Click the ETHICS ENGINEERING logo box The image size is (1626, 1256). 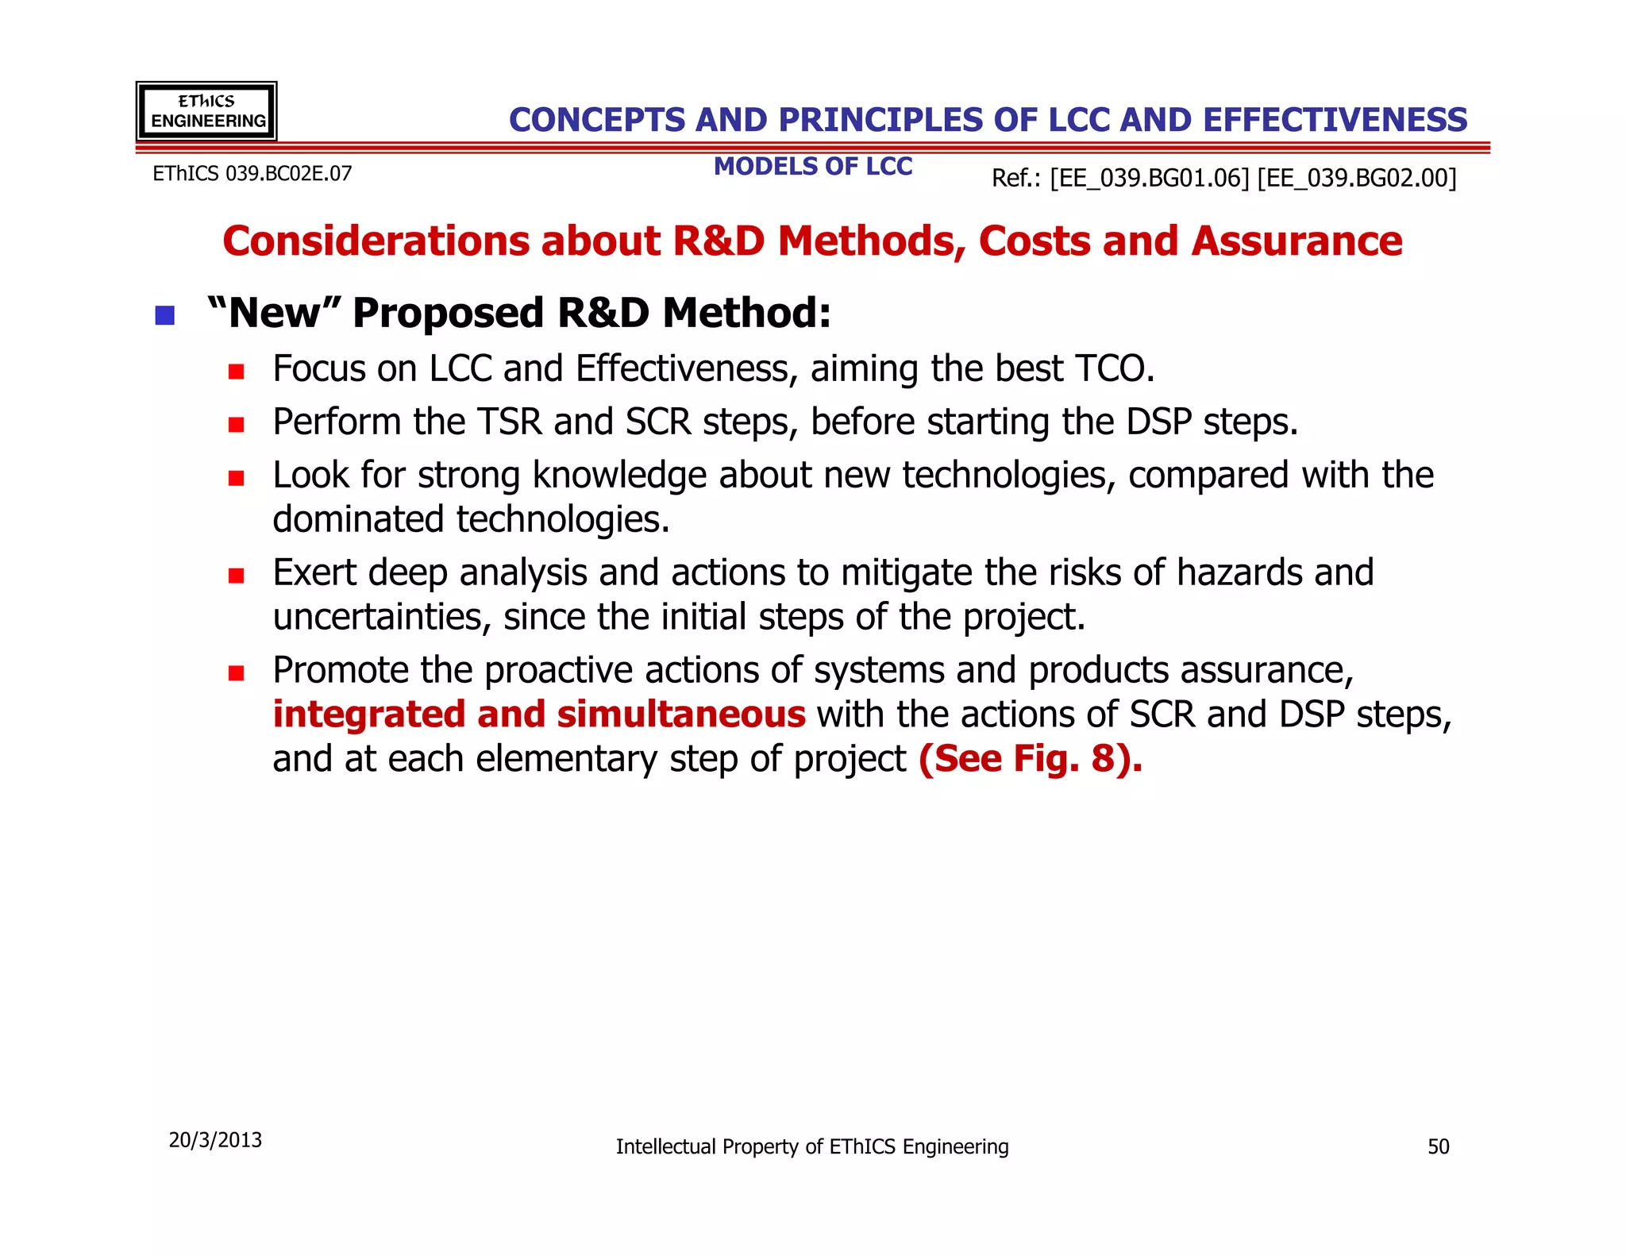(206, 111)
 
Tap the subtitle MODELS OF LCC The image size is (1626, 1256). (812, 167)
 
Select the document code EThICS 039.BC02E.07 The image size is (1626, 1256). (252, 174)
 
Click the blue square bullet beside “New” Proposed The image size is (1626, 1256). (164, 316)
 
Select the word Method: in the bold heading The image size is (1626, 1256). (746, 313)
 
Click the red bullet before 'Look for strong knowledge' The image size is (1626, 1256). (236, 478)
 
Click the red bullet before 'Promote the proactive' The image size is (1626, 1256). (236, 673)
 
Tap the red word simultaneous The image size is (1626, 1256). (681, 715)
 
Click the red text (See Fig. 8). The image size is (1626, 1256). (1030, 759)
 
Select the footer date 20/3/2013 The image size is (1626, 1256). (215, 1140)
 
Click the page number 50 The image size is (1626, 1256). (1438, 1146)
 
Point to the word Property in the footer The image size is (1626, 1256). (761, 1147)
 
